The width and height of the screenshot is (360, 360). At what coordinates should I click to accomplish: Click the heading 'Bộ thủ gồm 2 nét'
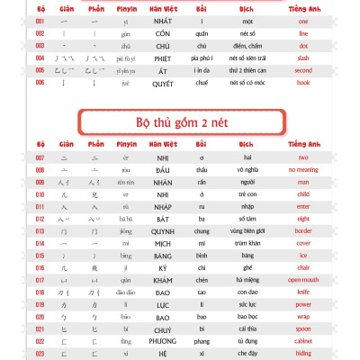click(179, 120)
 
